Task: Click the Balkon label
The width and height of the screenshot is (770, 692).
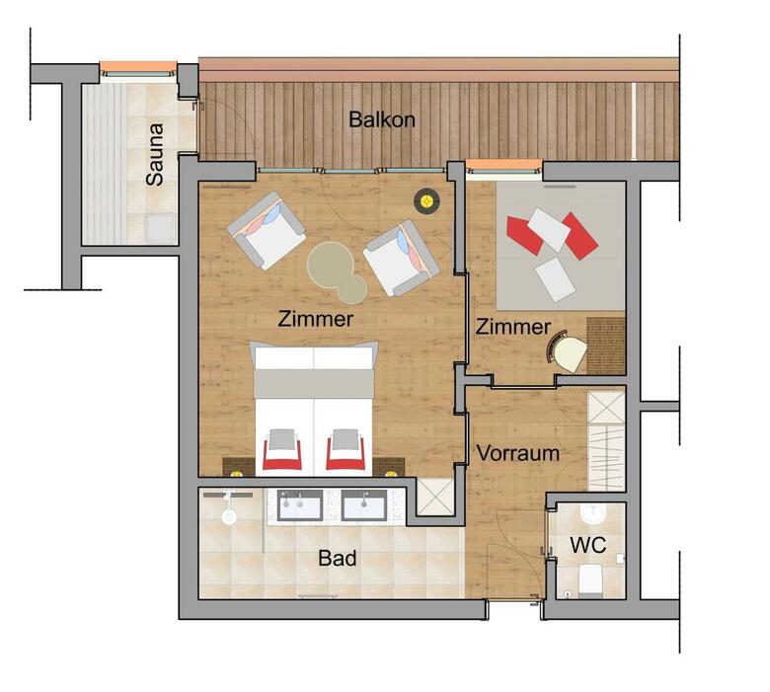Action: click(x=382, y=119)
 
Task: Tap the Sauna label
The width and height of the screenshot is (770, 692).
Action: click(x=155, y=154)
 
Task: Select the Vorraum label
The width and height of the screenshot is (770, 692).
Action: click(x=518, y=453)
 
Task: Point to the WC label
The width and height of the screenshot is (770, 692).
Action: click(x=587, y=545)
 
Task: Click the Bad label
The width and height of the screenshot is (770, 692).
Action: click(x=337, y=558)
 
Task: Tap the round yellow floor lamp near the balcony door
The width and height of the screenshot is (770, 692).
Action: click(x=426, y=200)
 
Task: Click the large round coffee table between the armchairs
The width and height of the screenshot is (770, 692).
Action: click(x=331, y=266)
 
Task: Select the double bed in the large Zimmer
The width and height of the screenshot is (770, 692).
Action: click(x=314, y=409)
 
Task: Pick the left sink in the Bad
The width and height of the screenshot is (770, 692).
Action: click(x=300, y=504)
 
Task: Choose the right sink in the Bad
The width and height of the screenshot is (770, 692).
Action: click(x=364, y=504)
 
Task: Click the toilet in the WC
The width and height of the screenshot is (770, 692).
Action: click(x=590, y=580)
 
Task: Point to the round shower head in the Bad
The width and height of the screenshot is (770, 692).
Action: click(x=229, y=516)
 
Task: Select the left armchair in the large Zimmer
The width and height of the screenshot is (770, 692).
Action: click(x=267, y=230)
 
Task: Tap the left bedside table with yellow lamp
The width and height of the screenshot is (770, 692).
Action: click(x=239, y=467)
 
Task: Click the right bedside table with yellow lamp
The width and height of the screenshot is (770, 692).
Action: click(x=388, y=467)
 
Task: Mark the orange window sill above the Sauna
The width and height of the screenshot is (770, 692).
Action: click(x=138, y=66)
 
